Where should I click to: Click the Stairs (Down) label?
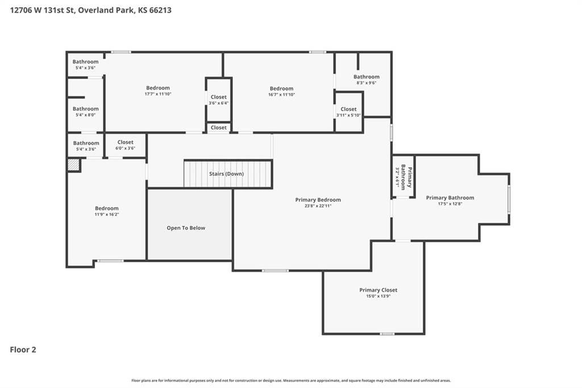[x=226, y=174]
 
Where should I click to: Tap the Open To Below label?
[x=186, y=228]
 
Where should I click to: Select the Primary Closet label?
[x=378, y=290]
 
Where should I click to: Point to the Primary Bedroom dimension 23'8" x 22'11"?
[x=318, y=205]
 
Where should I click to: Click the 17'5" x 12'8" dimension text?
[x=450, y=204]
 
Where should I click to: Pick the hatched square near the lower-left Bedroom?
[x=73, y=165]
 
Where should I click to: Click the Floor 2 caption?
[x=23, y=349]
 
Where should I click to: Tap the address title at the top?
[x=90, y=10]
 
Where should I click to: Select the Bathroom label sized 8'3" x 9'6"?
[x=367, y=77]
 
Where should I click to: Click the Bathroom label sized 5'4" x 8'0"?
[x=86, y=109]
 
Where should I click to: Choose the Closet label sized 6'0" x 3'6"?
[x=126, y=142]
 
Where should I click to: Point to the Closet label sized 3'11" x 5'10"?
[x=348, y=109]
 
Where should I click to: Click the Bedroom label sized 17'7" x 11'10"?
[x=158, y=88]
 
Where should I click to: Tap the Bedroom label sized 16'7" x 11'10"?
[x=281, y=88]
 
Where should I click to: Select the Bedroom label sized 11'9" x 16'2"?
[x=107, y=208]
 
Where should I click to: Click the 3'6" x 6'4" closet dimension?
[x=219, y=103]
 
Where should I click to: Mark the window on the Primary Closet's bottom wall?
[x=387, y=334]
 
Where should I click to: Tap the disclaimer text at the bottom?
[x=291, y=381]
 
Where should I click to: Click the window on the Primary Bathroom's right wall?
[x=509, y=200]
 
